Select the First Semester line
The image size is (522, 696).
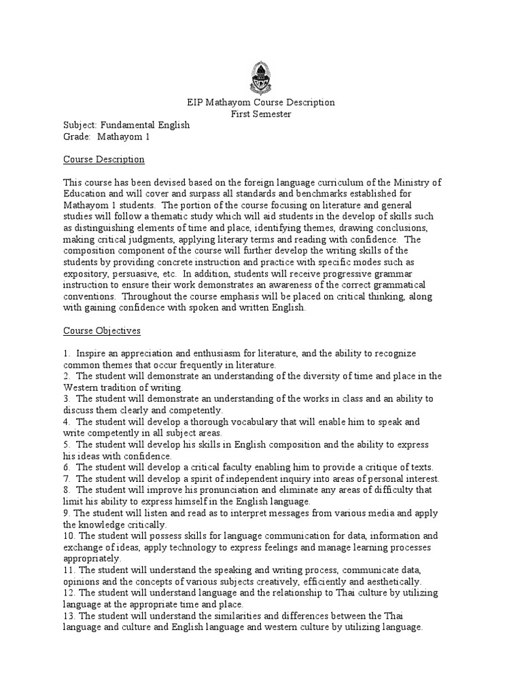(261, 114)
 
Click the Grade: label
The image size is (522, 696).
(77, 137)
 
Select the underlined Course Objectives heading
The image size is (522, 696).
(102, 331)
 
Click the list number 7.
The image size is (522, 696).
(67, 479)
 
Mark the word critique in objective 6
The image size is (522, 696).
(366, 468)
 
